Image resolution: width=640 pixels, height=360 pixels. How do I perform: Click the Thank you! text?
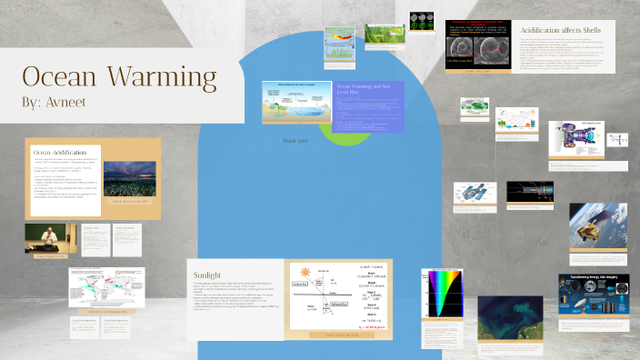(296, 141)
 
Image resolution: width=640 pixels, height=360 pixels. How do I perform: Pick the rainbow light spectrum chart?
(438, 297)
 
